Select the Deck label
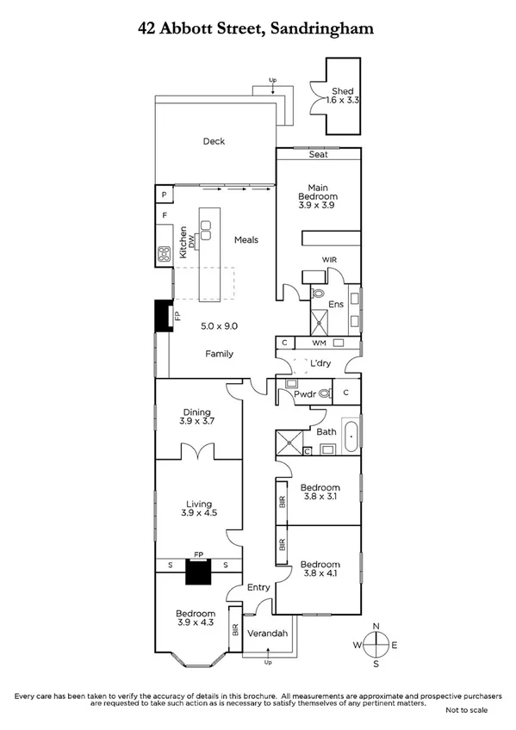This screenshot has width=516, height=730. [x=214, y=141]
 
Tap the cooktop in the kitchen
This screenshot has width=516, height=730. [x=163, y=254]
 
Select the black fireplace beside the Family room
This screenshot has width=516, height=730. [x=162, y=316]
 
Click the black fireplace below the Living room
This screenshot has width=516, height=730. [x=199, y=572]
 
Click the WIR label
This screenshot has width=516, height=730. [x=328, y=259]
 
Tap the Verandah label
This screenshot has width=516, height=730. [x=265, y=634]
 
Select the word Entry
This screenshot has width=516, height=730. [x=258, y=587]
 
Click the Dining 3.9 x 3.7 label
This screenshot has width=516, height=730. [x=198, y=417]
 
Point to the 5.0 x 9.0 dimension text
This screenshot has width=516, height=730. [x=219, y=326]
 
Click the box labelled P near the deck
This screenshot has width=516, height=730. [x=163, y=195]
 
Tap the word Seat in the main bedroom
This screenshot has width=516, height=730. [x=318, y=155]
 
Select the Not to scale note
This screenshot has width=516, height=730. [x=466, y=710]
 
